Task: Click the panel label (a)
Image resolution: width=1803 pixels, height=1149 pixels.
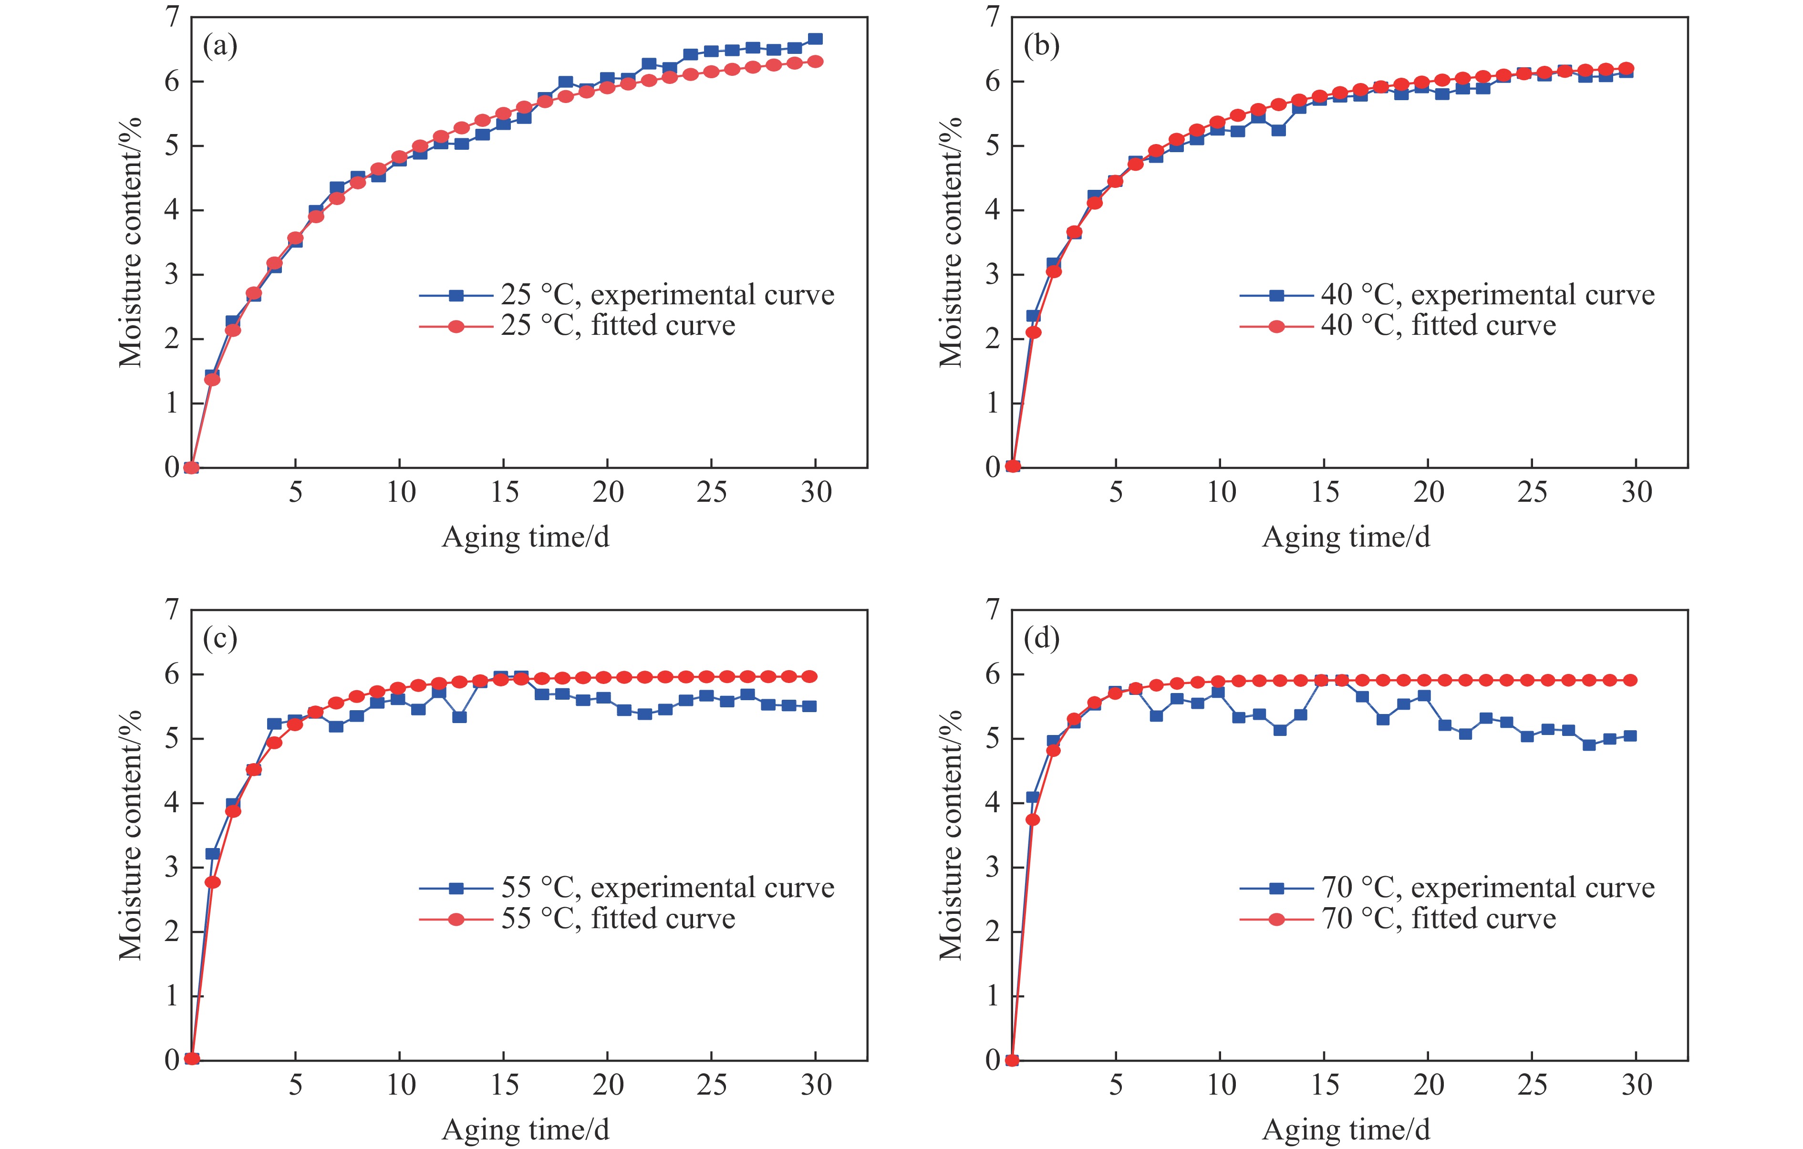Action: [x=220, y=46]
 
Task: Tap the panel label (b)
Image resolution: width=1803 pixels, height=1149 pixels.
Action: [x=1041, y=46]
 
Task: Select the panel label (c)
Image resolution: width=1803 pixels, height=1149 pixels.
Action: [x=220, y=639]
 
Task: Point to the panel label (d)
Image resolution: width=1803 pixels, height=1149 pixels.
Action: [x=1041, y=639]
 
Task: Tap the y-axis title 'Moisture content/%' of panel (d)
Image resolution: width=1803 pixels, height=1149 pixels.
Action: [x=951, y=835]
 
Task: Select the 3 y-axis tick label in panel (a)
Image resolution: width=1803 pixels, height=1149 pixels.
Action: [x=172, y=275]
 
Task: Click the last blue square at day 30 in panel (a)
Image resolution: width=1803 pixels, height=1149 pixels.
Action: [x=815, y=39]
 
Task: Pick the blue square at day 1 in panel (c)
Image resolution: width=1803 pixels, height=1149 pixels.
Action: [x=213, y=853]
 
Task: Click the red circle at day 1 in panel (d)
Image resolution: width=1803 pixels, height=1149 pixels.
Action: [x=1033, y=819]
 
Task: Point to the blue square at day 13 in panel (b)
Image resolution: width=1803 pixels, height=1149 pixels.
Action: [x=1278, y=130]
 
